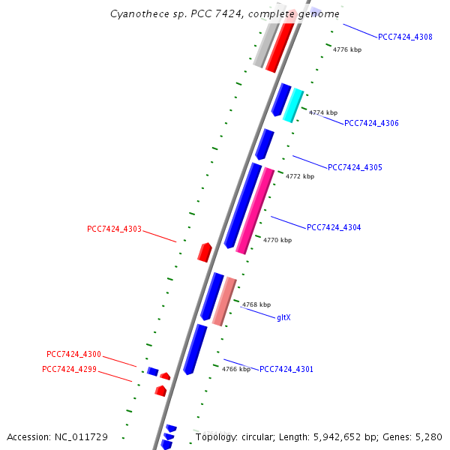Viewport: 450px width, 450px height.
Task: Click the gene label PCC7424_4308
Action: point(405,37)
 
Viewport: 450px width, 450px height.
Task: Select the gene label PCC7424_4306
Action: point(371,124)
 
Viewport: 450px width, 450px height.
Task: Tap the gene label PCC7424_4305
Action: point(355,167)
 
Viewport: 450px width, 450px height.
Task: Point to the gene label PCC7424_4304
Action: point(334,227)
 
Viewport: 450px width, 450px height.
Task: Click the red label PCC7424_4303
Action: point(114,229)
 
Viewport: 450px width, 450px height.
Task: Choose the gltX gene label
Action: point(283,318)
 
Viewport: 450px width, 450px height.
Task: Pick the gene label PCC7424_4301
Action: point(286,369)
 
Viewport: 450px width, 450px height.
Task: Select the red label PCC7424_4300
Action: point(73,354)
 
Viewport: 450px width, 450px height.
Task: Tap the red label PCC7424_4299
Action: point(69,369)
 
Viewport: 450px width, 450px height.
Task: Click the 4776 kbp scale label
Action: point(347,49)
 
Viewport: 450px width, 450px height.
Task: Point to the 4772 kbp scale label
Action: point(300,177)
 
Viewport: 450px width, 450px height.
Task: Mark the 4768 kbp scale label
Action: point(256,305)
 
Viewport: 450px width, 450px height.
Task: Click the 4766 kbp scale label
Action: point(236,369)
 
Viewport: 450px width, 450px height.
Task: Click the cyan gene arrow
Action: point(293,105)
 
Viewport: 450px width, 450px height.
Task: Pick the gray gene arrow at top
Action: point(265,43)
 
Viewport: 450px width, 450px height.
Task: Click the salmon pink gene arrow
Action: point(224,301)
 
